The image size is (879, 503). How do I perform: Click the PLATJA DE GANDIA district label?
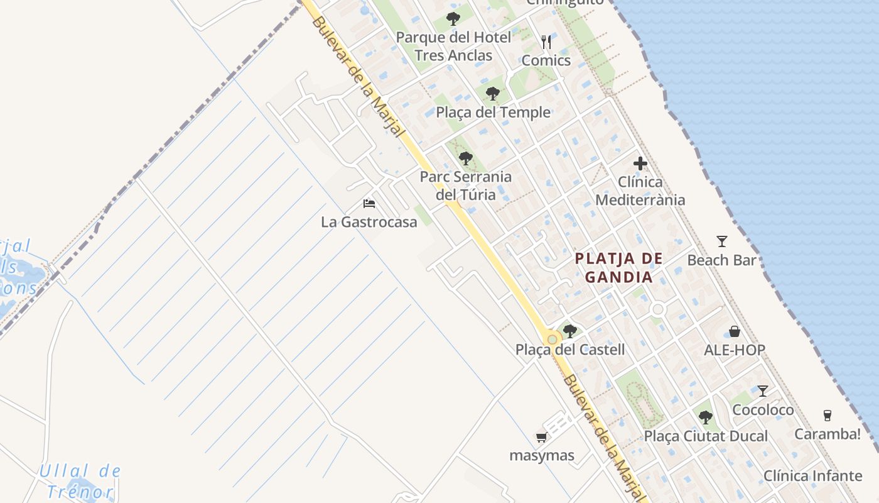619,267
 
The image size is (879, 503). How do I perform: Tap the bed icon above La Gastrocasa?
369,204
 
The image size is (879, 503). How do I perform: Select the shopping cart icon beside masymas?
541,437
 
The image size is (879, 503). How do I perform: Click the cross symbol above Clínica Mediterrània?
640,164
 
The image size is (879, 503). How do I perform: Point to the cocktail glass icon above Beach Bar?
722,241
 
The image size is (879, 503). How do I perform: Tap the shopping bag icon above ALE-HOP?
735,331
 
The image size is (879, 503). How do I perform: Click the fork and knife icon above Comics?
546,42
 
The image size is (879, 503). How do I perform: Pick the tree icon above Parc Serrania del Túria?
465,158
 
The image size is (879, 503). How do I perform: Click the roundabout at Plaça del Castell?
552,340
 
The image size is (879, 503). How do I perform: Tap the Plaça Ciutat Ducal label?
706,436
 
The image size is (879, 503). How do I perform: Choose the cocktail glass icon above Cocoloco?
763,391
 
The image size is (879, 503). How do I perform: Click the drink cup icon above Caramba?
828,416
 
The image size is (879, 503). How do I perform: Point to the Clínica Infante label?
813,475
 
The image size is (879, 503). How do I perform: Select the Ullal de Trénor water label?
78,481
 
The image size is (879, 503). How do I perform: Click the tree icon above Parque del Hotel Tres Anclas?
453,19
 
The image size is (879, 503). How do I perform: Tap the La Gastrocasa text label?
369,222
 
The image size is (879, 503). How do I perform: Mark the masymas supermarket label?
542,455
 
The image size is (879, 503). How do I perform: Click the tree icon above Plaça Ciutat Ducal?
706,417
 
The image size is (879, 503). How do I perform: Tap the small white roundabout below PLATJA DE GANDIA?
658,309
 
